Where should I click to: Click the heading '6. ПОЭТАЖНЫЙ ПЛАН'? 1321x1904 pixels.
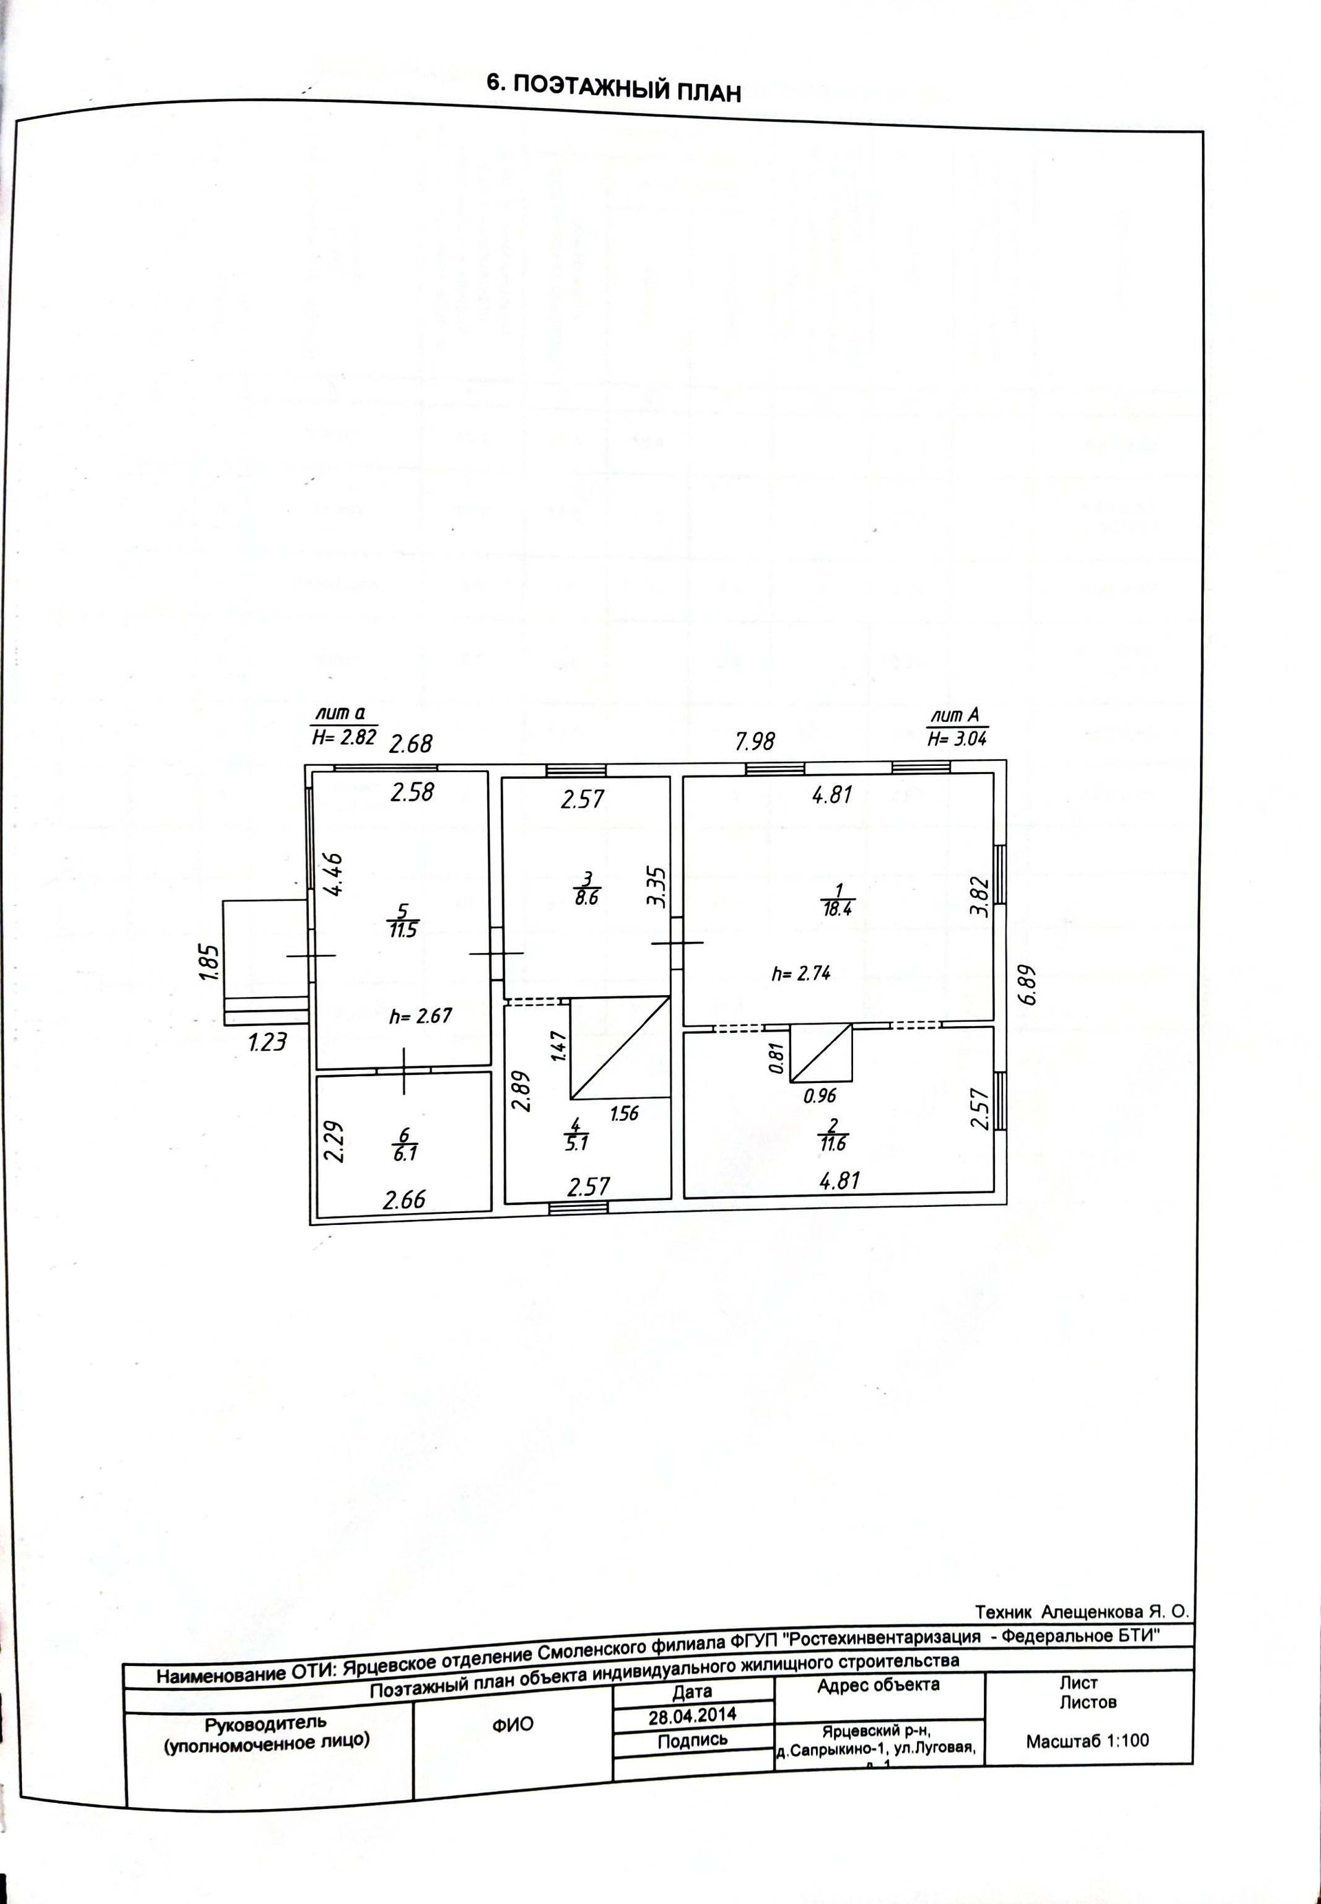(x=613, y=87)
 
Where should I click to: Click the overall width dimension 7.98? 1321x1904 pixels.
(x=755, y=741)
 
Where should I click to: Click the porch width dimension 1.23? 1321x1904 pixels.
(x=266, y=1042)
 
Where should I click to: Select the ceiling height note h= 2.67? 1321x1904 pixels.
(x=420, y=1016)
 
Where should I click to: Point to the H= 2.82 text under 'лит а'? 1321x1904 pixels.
(x=344, y=738)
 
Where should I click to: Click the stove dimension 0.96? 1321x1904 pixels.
(x=820, y=1096)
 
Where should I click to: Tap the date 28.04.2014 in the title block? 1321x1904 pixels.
(x=692, y=1715)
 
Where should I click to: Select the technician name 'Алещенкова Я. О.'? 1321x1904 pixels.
(x=1114, y=1612)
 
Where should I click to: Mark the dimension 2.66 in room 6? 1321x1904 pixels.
(x=404, y=1199)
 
